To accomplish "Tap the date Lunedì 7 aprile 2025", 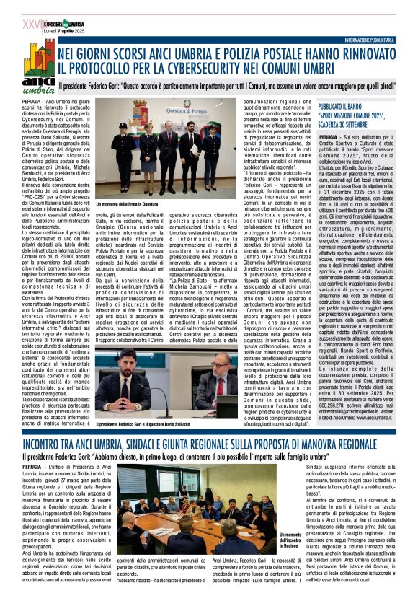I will pyautogui.click(x=66, y=14).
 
